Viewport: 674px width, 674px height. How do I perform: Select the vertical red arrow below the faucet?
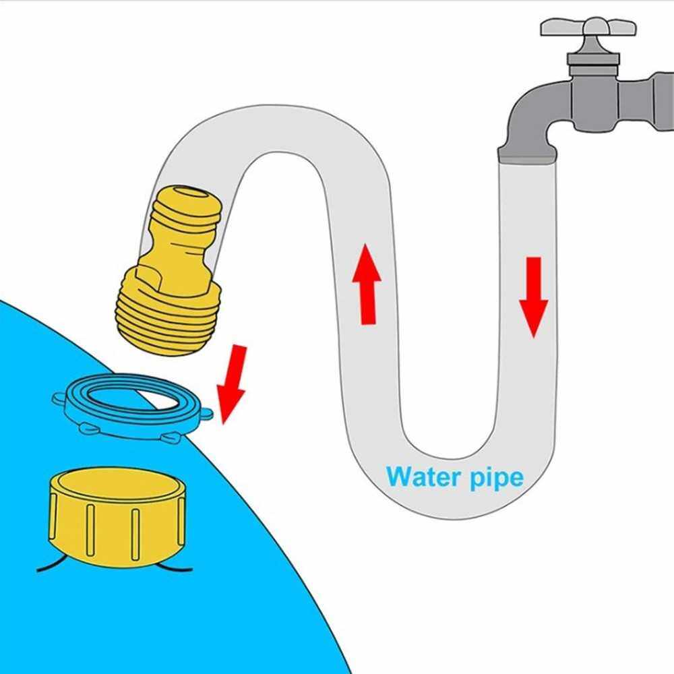click(534, 297)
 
